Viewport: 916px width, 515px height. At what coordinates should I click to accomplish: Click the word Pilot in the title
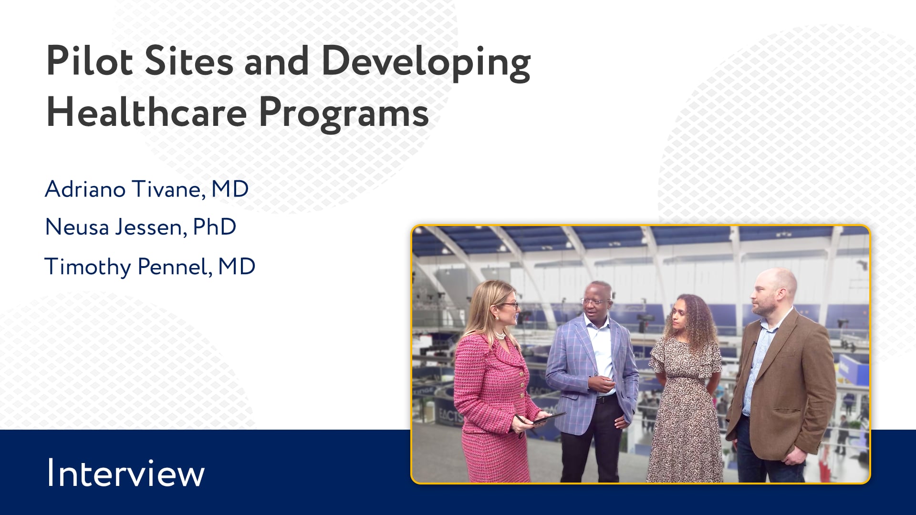[x=90, y=61]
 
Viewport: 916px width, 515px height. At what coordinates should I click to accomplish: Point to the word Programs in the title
[x=344, y=114]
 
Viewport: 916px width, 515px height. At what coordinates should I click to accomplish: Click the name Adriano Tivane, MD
[x=147, y=189]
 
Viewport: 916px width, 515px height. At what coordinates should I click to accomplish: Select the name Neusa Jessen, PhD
[x=141, y=227]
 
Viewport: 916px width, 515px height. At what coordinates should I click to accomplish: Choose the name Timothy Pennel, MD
[x=150, y=267]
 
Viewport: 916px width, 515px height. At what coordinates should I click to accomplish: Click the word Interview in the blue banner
[x=125, y=473]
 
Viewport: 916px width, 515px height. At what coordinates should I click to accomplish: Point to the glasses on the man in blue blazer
[x=592, y=301]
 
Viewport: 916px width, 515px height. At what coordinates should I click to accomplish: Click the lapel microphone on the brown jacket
[x=754, y=344]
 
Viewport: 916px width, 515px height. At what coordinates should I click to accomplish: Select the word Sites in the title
[x=189, y=61]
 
